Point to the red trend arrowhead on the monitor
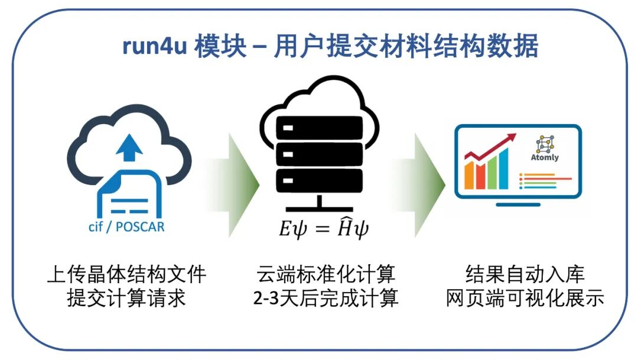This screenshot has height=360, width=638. [507, 140]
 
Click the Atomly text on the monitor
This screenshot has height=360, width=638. [545, 158]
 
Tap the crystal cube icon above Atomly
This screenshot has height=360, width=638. [543, 144]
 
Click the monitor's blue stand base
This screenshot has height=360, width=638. [517, 205]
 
